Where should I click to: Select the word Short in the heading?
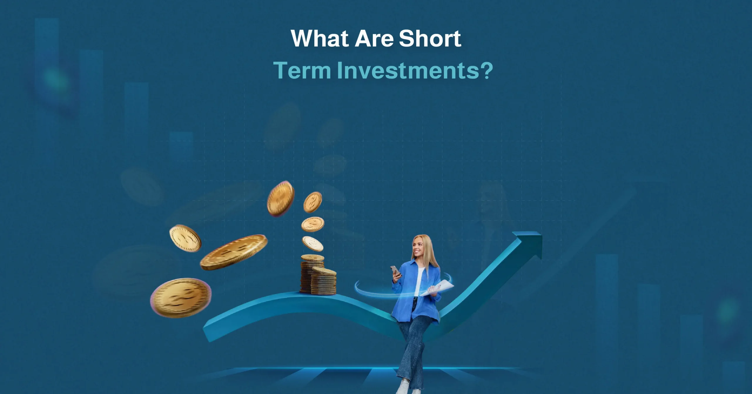click(430, 39)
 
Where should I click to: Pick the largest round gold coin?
click(181, 298)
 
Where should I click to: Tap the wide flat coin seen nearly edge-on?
click(234, 252)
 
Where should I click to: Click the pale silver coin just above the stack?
click(313, 244)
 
